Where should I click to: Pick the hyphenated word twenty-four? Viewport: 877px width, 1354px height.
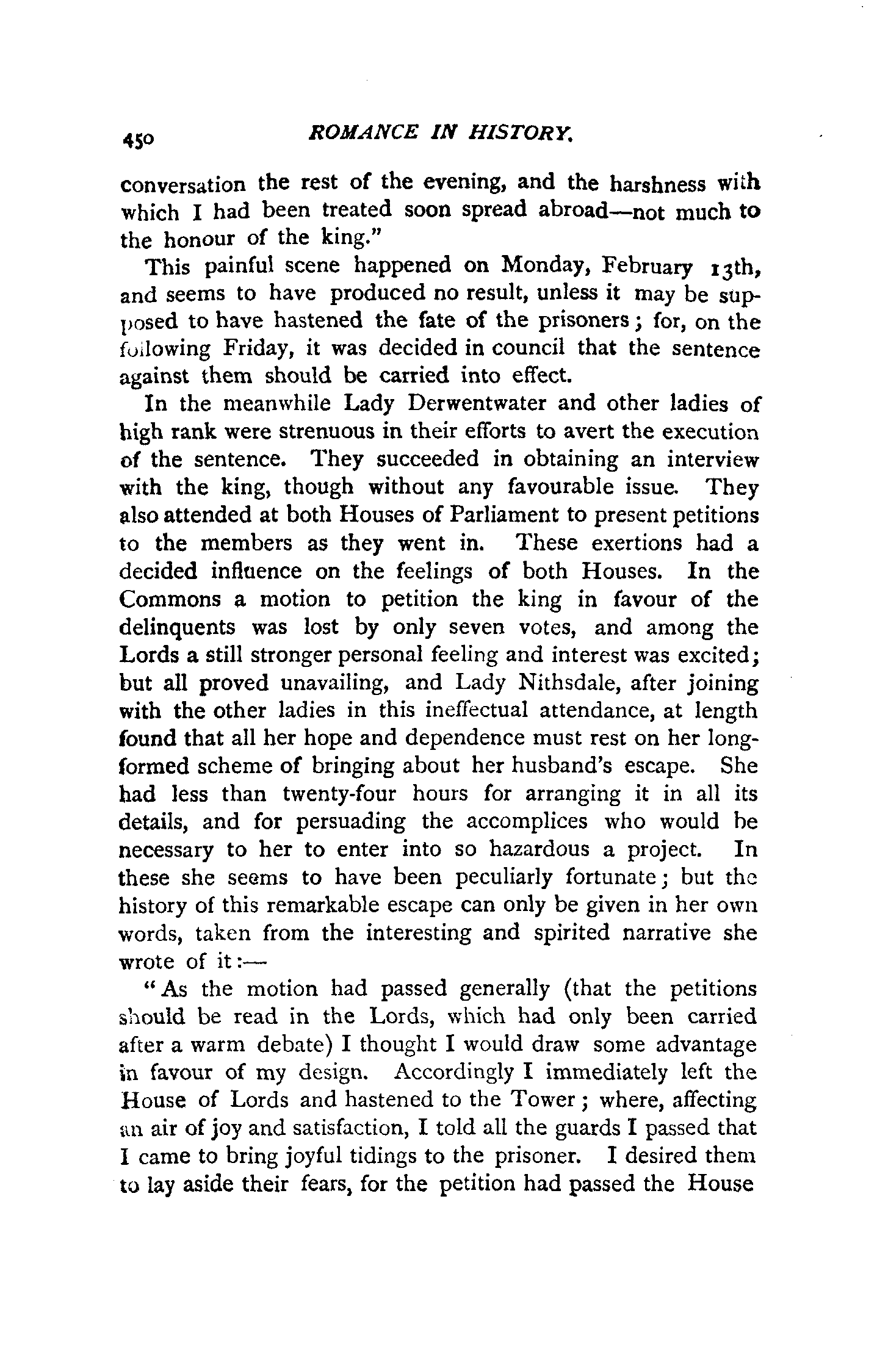coord(339,794)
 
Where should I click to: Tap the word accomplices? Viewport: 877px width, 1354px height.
coord(526,822)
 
